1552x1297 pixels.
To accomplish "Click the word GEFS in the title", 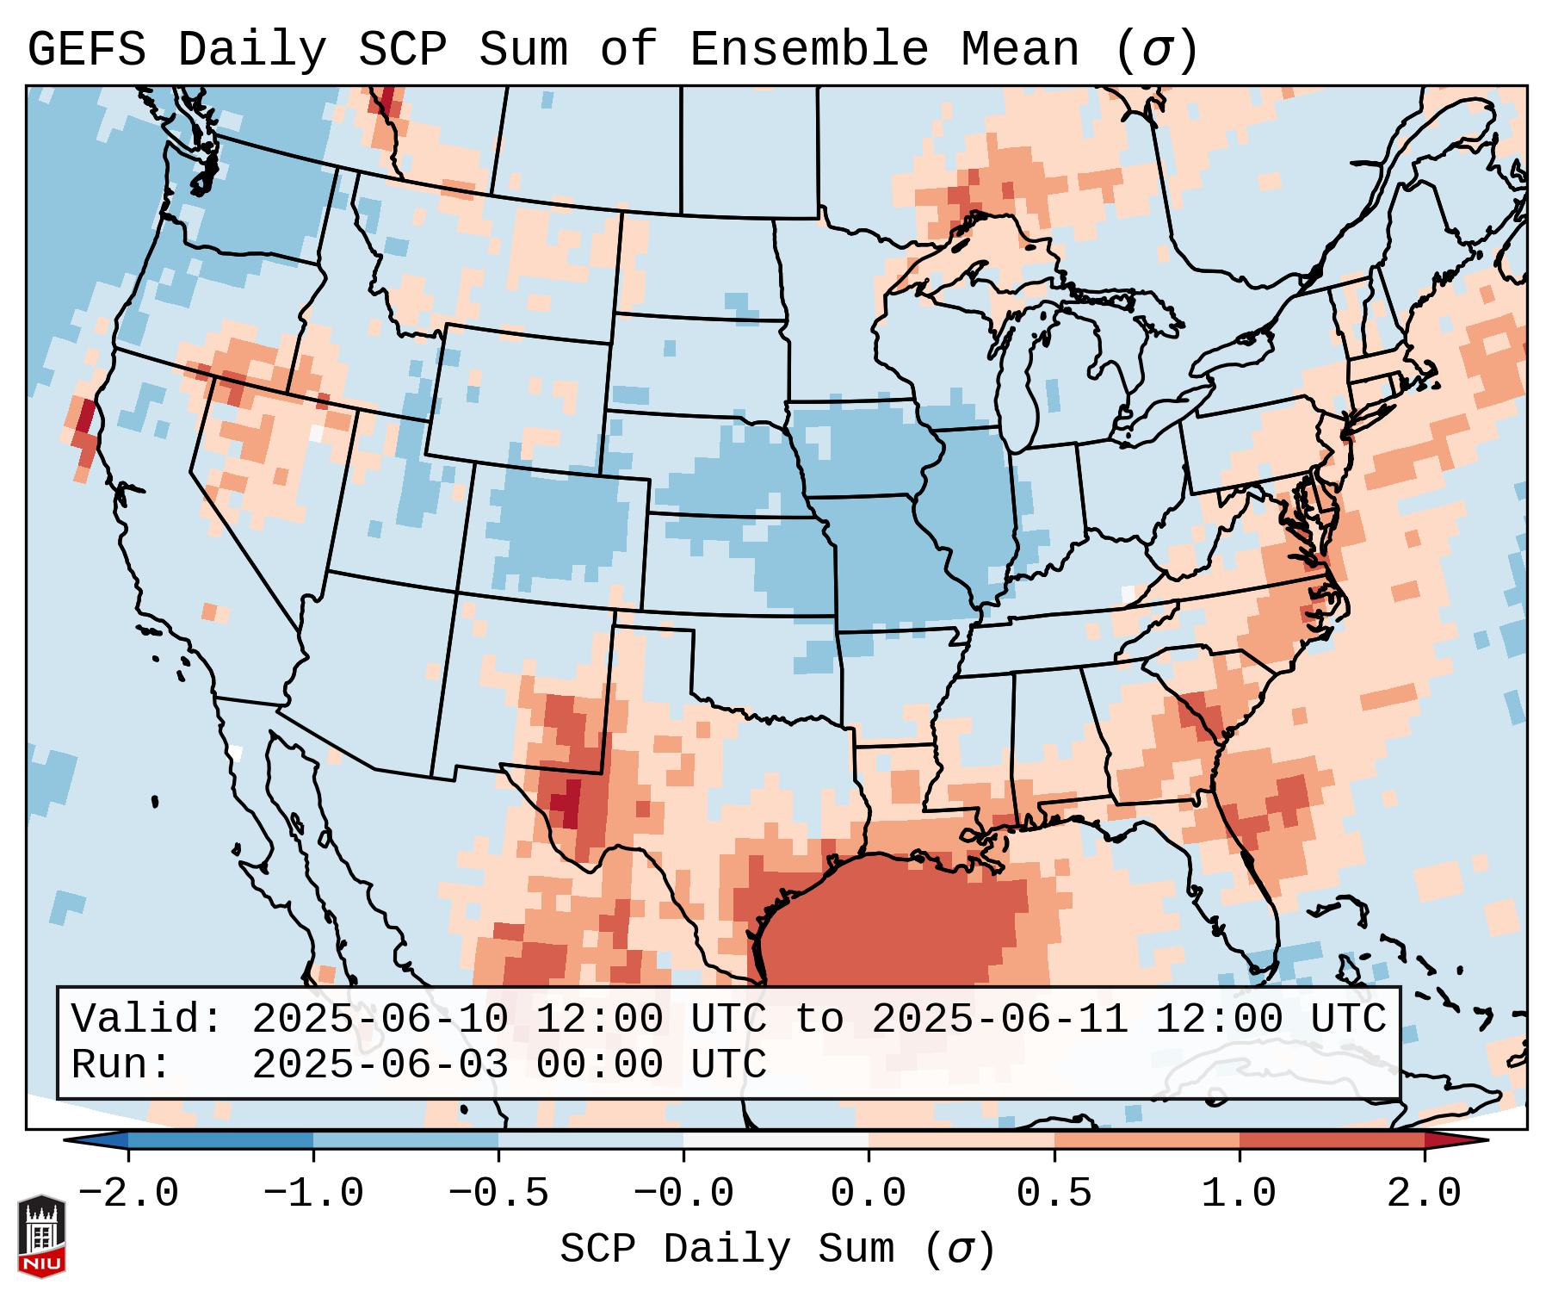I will (86, 50).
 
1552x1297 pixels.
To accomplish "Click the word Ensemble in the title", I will (808, 50).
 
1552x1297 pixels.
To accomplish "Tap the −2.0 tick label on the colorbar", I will (128, 1194).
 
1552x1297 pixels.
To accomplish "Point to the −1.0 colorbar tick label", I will (313, 1194).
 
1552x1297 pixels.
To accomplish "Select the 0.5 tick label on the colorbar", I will (1054, 1194).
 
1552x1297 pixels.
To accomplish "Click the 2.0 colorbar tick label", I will (1424, 1194).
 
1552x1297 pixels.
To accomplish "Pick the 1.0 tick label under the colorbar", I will (1239, 1194).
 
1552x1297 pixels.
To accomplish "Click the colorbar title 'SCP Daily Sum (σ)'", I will (776, 1250).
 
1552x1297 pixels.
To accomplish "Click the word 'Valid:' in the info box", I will (146, 1020).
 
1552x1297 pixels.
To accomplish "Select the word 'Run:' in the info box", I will (121, 1064).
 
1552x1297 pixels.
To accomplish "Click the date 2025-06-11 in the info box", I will (999, 1020).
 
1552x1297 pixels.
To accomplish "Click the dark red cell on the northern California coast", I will (86, 418).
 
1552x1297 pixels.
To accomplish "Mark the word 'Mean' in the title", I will (1019, 50).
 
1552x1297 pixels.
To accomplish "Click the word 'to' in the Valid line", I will (819, 1020).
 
